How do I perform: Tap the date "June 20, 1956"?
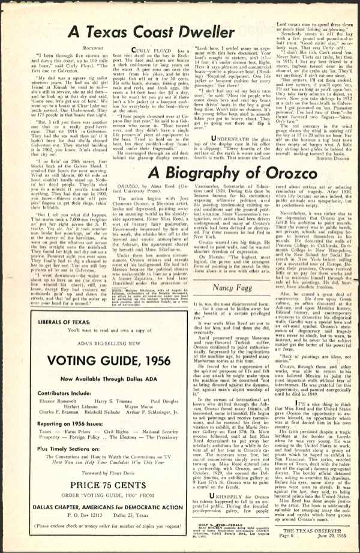pos(334,536)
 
